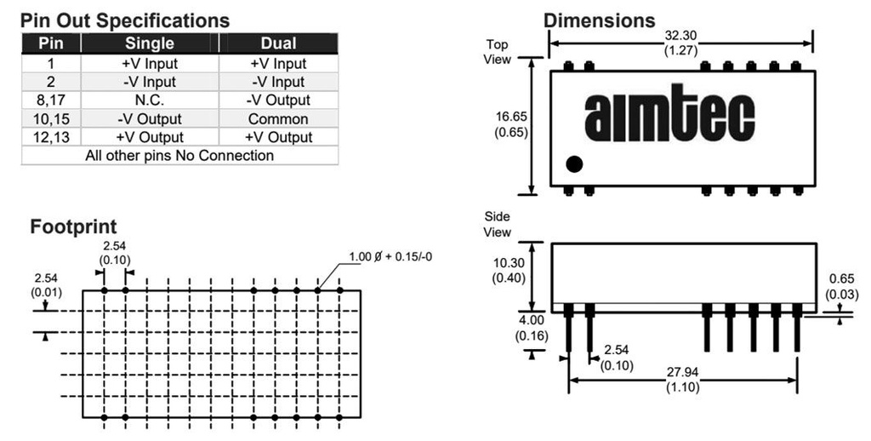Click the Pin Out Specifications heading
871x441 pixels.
124,20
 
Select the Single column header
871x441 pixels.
150,43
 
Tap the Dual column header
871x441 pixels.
277,43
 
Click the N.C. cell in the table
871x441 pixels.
150,100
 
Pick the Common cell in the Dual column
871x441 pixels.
277,119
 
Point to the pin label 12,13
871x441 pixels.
50,137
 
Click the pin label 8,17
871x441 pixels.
50,100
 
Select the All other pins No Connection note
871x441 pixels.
179,156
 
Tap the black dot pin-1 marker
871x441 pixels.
574,164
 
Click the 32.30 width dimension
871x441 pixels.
680,37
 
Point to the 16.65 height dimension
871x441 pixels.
510,117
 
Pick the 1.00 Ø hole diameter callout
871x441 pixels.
393,256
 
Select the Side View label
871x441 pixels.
498,225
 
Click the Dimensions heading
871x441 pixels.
599,20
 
